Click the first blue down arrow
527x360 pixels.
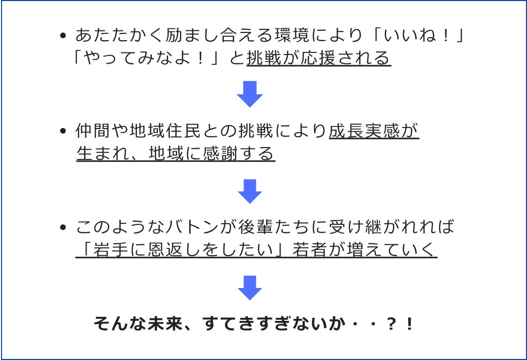250,94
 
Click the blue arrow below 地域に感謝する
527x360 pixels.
250,191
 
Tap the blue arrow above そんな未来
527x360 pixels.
250,288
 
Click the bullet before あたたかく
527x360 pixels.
63,35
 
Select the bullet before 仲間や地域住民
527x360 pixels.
63,131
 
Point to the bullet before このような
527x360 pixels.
63,227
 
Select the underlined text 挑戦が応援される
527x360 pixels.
319,58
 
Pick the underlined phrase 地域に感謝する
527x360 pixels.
212,154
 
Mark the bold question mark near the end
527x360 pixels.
391,324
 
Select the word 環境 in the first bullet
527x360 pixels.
292,35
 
